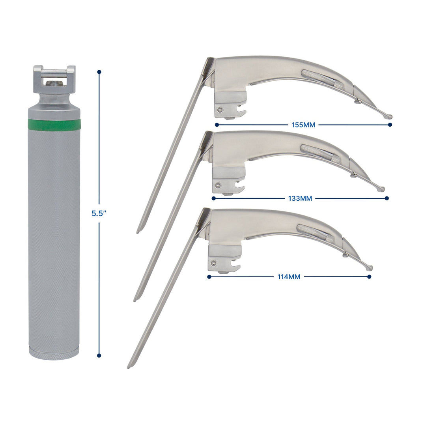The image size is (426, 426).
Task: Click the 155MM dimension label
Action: click(x=304, y=125)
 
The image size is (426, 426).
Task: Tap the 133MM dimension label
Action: click(x=300, y=198)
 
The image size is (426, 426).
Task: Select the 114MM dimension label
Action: click(x=289, y=277)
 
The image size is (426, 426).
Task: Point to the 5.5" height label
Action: click(x=99, y=213)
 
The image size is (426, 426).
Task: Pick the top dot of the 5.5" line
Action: click(x=99, y=72)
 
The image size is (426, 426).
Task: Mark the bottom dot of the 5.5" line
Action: click(x=99, y=355)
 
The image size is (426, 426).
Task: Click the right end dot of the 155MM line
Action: click(x=390, y=125)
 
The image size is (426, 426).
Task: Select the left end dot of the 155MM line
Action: click(x=217, y=125)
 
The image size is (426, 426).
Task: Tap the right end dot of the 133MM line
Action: click(x=387, y=198)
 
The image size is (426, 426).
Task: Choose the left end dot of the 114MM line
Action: click(x=209, y=277)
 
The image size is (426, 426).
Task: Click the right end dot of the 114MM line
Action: click(x=369, y=277)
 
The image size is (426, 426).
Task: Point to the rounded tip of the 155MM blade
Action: click(x=389, y=116)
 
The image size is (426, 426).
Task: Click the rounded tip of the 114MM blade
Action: click(x=370, y=268)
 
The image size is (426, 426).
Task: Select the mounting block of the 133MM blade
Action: click(x=228, y=180)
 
